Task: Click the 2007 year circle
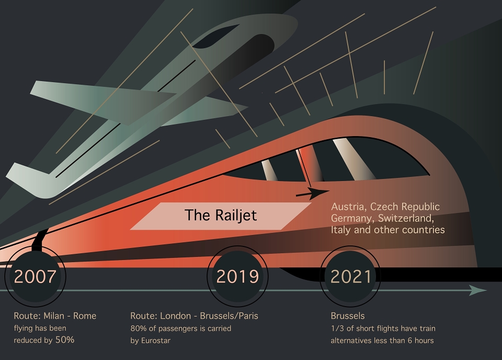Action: pos(35,276)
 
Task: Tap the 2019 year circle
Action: pos(237,276)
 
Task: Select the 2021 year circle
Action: pos(350,276)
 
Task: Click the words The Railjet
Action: pos(221,215)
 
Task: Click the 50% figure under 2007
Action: pos(65,340)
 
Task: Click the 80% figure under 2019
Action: pos(138,328)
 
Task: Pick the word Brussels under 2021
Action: pos(348,316)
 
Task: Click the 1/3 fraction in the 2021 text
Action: pos(337,328)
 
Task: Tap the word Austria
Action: pos(349,207)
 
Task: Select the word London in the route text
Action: pos(176,316)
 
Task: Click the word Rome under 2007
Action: pos(85,316)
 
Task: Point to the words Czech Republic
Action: pos(405,207)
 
